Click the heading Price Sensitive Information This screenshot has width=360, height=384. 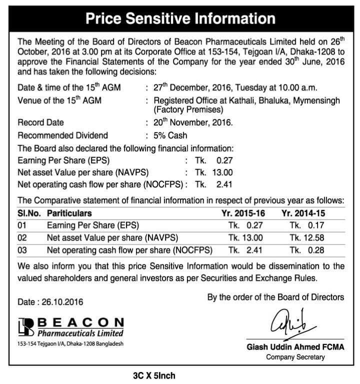click(180, 18)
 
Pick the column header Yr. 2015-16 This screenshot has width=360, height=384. click(243, 213)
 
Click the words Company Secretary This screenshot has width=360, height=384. click(295, 357)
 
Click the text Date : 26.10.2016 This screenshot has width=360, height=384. click(50, 302)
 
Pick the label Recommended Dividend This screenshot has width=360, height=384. click(63, 135)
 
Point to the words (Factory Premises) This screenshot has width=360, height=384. click(185, 109)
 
